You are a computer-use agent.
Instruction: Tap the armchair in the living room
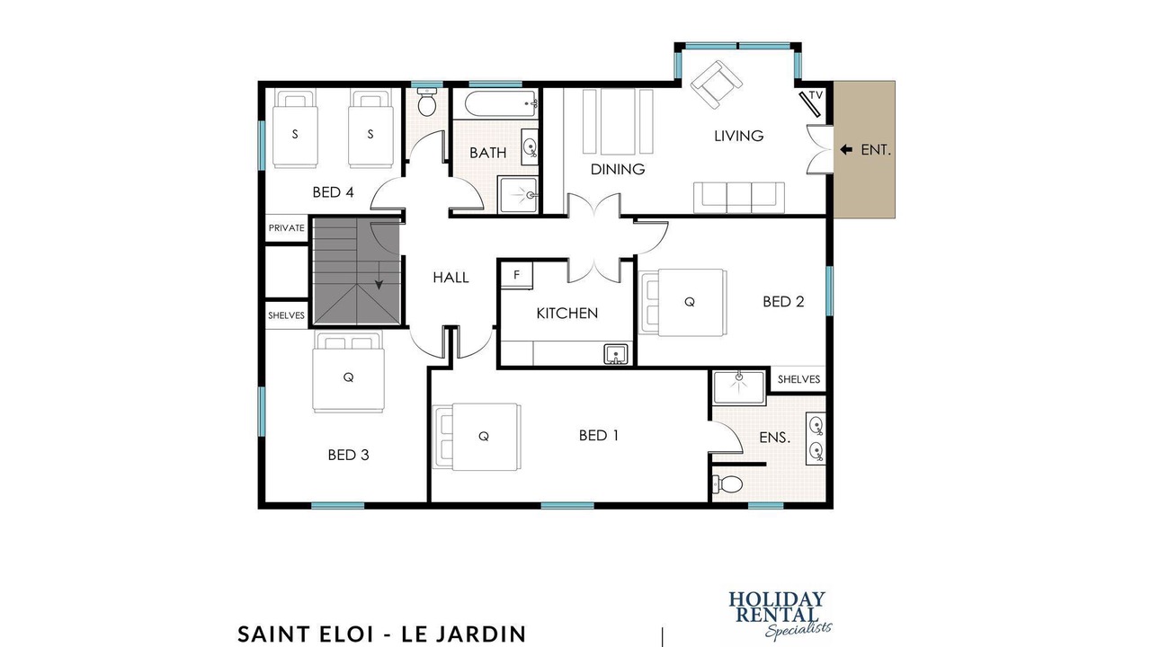tap(717, 84)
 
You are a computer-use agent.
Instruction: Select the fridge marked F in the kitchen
tap(516, 275)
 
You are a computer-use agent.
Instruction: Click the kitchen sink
tap(616, 354)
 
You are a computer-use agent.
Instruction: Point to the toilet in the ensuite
tap(727, 483)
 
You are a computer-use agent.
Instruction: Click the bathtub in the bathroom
tap(501, 103)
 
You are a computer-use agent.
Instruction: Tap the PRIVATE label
tap(287, 227)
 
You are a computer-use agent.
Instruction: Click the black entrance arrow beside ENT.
tap(846, 149)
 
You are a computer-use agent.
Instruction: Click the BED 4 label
tap(333, 192)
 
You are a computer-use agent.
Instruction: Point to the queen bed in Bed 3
tap(348, 372)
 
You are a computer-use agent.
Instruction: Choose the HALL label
tap(451, 278)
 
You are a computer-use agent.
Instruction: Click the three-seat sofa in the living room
tap(739, 197)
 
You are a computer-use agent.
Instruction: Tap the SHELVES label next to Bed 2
tap(799, 379)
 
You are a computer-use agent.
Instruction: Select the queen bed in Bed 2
tap(683, 303)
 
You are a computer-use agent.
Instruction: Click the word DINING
tap(618, 169)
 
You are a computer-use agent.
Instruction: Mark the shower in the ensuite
tap(739, 387)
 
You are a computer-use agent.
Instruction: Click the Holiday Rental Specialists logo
tap(780, 616)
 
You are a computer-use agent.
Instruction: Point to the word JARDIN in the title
tap(480, 634)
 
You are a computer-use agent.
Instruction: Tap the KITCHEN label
tap(567, 314)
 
